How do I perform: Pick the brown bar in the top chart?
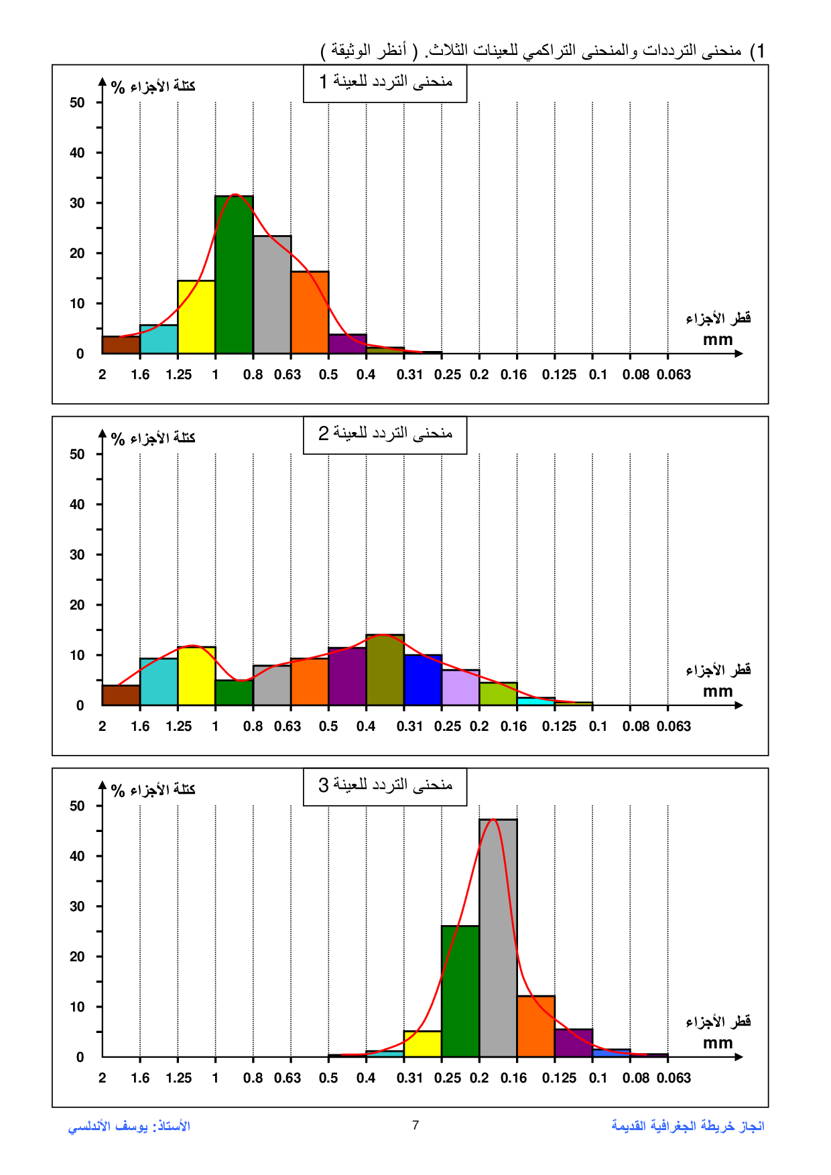pyautogui.click(x=121, y=345)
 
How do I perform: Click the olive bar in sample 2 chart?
pyautogui.click(x=385, y=671)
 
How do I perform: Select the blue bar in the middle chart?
pyautogui.click(x=423, y=681)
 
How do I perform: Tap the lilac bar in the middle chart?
pyautogui.click(x=460, y=688)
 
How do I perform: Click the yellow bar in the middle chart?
pyautogui.click(x=196, y=677)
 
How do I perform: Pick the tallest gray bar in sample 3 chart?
pyautogui.click(x=498, y=938)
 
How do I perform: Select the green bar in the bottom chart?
pyautogui.click(x=460, y=991)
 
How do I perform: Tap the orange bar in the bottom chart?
pyautogui.click(x=535, y=1026)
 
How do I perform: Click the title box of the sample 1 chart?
pyautogui.click(x=385, y=82)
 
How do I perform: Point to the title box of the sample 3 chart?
pyautogui.click(x=385, y=786)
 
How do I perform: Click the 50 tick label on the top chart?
pyautogui.click(x=77, y=102)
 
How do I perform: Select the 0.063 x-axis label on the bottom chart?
pyautogui.click(x=674, y=1078)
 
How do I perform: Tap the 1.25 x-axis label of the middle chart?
pyautogui.click(x=178, y=726)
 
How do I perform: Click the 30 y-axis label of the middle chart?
pyautogui.click(x=77, y=555)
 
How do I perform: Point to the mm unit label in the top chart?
pyautogui.click(x=718, y=340)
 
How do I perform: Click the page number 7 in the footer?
pyautogui.click(x=415, y=1125)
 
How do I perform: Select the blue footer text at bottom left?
pyautogui.click(x=129, y=1126)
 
